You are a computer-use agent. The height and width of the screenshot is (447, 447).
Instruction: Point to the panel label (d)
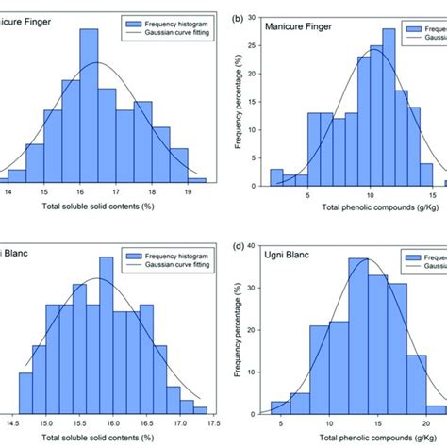point(241,246)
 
